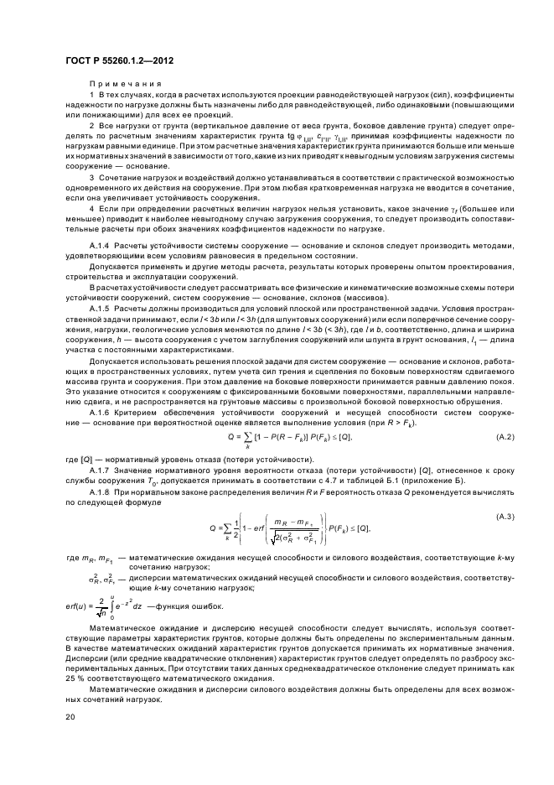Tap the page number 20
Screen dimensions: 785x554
[x=70, y=717]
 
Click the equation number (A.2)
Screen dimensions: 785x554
[x=507, y=437]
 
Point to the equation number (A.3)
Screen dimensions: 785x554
[x=507, y=515]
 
